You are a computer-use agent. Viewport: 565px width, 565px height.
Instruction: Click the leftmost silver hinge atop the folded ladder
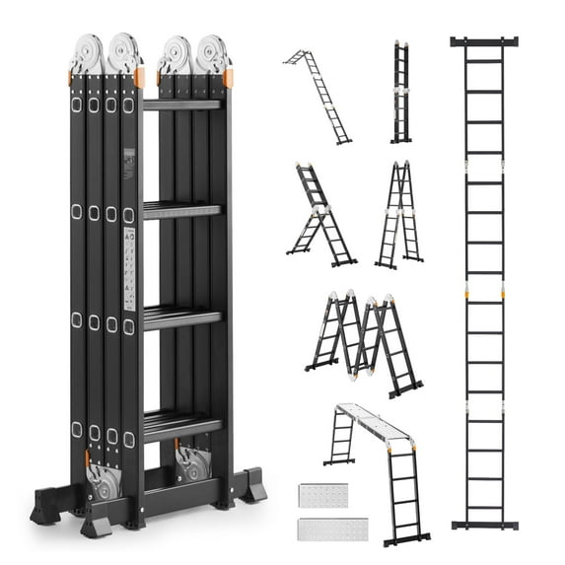(87, 53)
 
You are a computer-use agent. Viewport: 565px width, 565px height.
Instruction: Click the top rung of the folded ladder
(182, 104)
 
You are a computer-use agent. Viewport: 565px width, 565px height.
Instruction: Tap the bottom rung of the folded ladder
(182, 424)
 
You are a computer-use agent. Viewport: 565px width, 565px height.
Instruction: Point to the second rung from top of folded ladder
(182, 209)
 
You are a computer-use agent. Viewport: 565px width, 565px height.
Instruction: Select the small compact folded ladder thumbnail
(401, 93)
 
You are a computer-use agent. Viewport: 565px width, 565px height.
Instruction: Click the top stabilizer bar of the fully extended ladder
(484, 41)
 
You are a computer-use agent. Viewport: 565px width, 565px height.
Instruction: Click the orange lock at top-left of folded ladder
(71, 78)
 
